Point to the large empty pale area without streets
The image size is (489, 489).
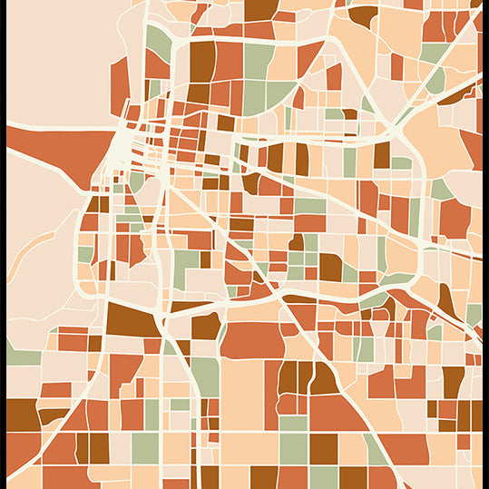pyautogui.click(x=54, y=64)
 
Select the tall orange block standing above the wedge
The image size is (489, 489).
pyautogui.click(x=119, y=82)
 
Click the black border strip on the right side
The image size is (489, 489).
pyautogui.click(x=485, y=245)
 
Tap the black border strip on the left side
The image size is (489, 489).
pyautogui.click(x=3, y=245)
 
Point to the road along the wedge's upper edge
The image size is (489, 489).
pyautogui.click(x=54, y=125)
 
